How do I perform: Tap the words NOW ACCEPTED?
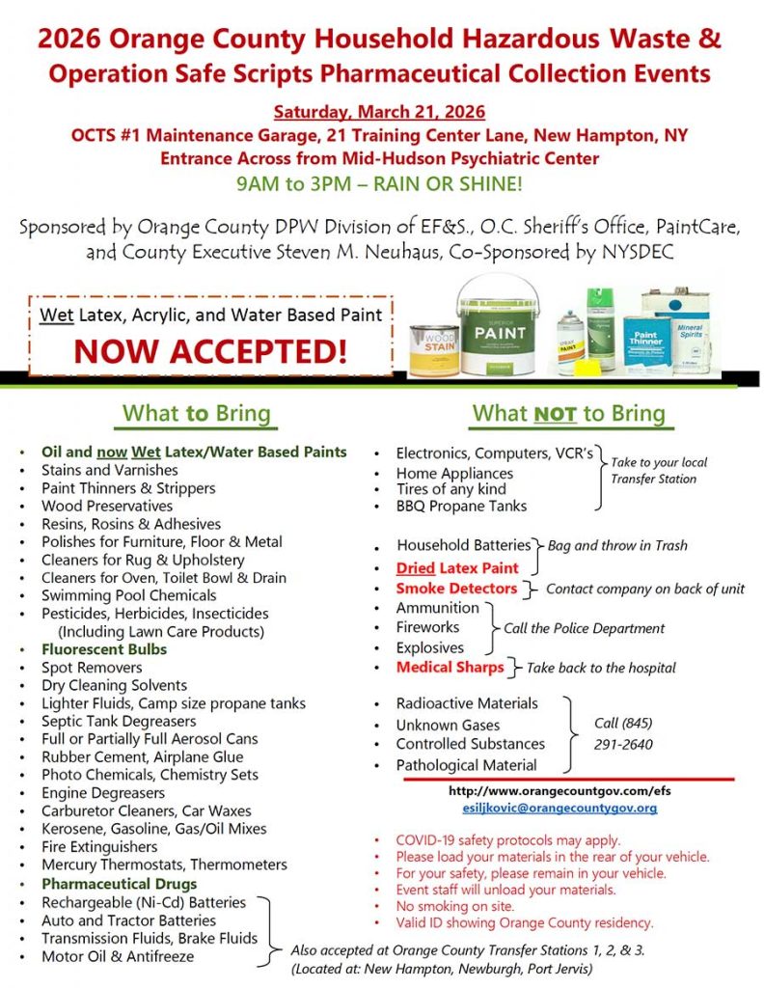(x=211, y=350)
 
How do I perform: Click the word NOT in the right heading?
(x=555, y=414)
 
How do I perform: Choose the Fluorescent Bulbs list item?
(x=103, y=649)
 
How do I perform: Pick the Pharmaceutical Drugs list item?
(x=119, y=884)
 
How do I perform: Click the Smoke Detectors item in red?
(x=455, y=588)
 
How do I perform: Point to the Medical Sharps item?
(x=450, y=667)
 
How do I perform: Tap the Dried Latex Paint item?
(x=456, y=568)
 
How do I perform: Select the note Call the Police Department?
(x=584, y=628)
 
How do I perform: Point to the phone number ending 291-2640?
(x=623, y=744)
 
